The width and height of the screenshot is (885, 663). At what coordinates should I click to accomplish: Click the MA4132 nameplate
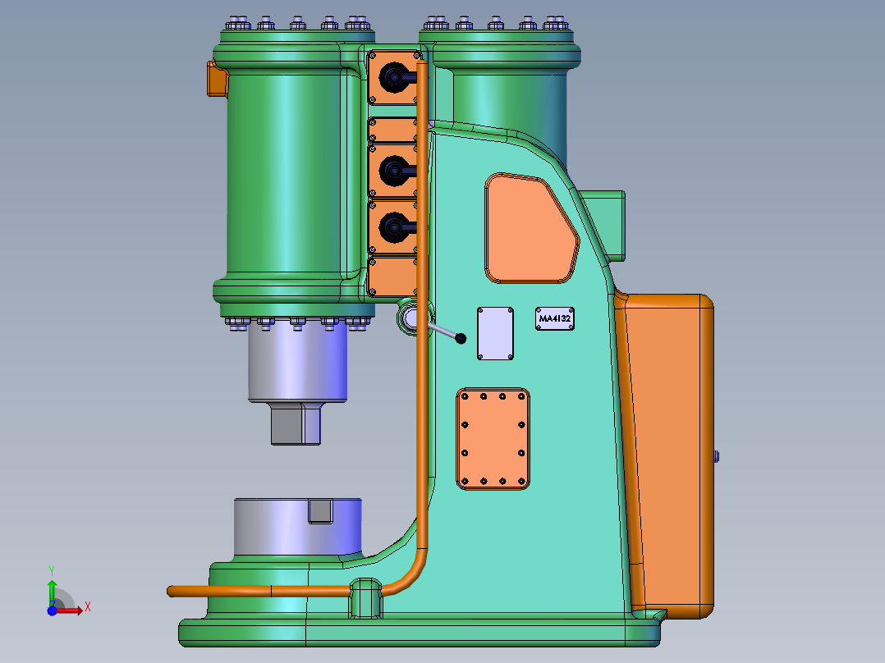pyautogui.click(x=555, y=319)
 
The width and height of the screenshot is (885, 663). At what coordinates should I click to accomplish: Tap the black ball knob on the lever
pyautogui.click(x=461, y=339)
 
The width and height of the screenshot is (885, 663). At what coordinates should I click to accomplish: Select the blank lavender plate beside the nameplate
pyautogui.click(x=496, y=333)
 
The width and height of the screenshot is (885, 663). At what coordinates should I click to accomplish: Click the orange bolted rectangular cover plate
pyautogui.click(x=493, y=438)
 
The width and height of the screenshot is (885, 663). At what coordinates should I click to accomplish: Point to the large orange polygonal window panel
pyautogui.click(x=530, y=229)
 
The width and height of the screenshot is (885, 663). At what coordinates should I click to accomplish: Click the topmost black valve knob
pyautogui.click(x=395, y=77)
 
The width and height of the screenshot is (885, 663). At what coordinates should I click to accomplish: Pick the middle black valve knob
pyautogui.click(x=395, y=171)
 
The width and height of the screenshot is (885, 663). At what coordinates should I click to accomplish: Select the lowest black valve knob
pyautogui.click(x=395, y=228)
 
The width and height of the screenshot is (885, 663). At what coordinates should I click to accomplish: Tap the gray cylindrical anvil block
pyautogui.click(x=297, y=527)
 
